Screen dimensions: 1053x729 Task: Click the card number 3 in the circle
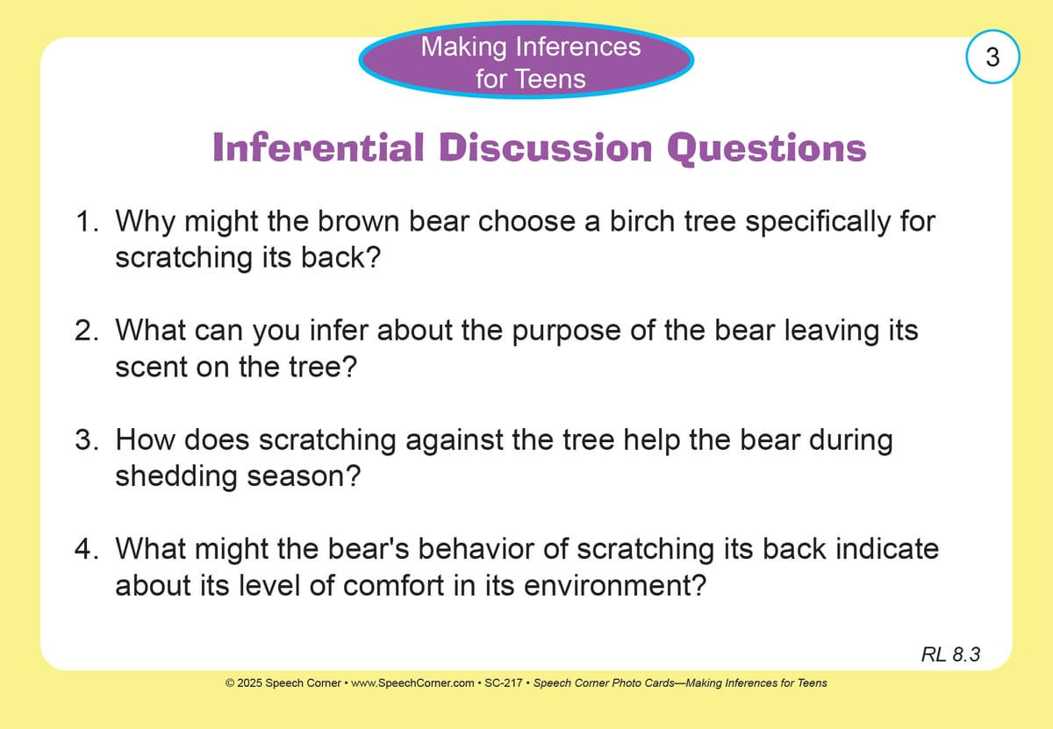tap(992, 57)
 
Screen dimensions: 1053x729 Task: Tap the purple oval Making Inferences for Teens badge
tap(526, 60)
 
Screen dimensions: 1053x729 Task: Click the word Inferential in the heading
tap(319, 147)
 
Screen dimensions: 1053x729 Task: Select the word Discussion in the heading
tap(546, 147)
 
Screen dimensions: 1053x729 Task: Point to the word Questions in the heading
tap(767, 148)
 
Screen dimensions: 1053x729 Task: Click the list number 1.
tap(87, 221)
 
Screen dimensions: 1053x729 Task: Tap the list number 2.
tap(87, 330)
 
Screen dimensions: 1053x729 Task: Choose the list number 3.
tap(87, 440)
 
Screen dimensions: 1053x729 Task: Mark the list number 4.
tap(87, 548)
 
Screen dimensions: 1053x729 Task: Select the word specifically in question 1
tap(818, 222)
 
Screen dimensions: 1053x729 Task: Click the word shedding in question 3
tap(176, 476)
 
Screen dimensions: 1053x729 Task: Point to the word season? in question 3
tap(304, 476)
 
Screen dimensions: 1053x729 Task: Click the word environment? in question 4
tap(615, 586)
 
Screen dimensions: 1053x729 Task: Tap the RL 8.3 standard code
tap(950, 654)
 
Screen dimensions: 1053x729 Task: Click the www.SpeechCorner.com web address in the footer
tap(412, 683)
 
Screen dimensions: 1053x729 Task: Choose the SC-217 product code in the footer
tap(503, 683)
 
